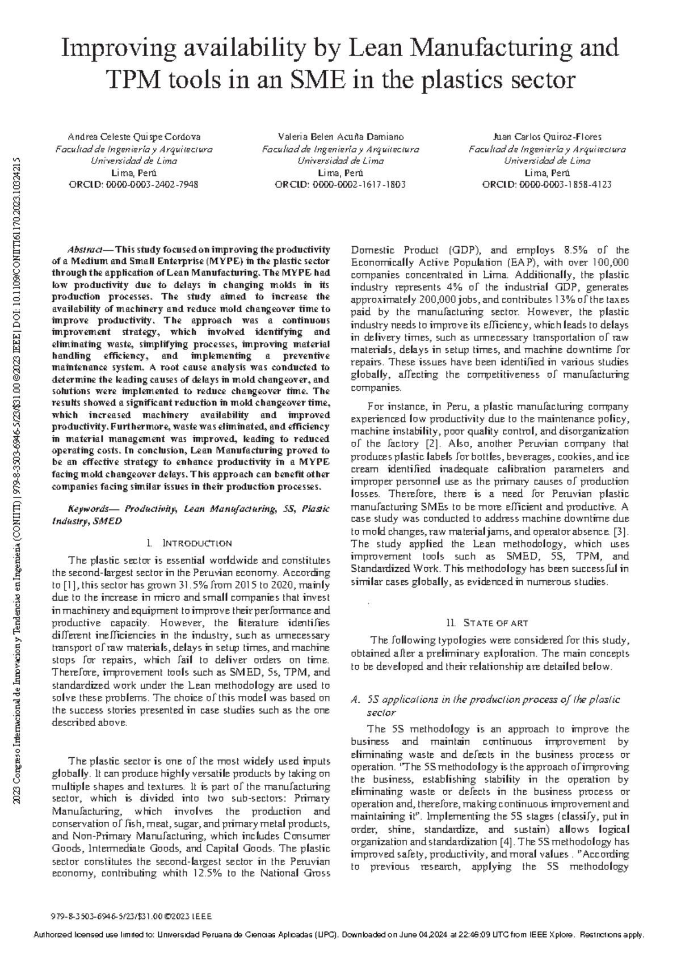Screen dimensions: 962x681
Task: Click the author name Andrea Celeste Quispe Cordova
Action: click(x=133, y=137)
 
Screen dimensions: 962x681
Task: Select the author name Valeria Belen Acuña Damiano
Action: click(x=340, y=137)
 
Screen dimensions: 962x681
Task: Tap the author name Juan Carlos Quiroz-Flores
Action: click(x=547, y=137)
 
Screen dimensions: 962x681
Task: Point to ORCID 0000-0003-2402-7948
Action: click(x=133, y=184)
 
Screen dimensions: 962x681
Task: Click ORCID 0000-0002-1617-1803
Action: click(x=340, y=184)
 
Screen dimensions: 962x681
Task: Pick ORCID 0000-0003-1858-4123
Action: click(x=547, y=184)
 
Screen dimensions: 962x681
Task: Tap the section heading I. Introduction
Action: click(x=189, y=543)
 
